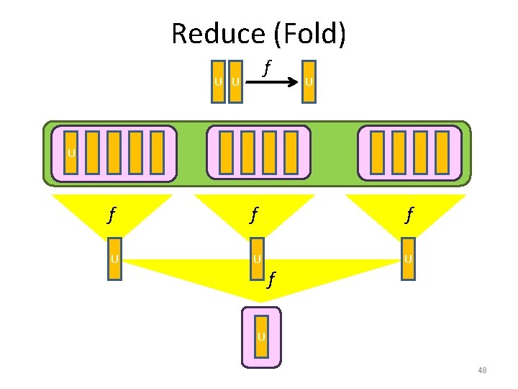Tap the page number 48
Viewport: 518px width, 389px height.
pos(482,370)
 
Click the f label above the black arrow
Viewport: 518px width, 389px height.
pos(267,68)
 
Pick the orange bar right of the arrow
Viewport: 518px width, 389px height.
pos(309,81)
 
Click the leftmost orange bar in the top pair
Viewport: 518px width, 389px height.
pos(218,81)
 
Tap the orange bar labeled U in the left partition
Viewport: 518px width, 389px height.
pos(71,152)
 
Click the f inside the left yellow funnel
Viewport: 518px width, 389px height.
pos(111,214)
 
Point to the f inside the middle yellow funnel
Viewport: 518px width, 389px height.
pos(253,214)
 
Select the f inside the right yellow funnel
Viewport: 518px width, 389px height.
pos(409,214)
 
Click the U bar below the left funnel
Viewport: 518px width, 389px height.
pos(114,258)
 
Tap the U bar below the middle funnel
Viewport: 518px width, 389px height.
pos(258,258)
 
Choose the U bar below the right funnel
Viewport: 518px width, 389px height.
pos(408,258)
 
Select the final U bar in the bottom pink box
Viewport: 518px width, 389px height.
pos(262,336)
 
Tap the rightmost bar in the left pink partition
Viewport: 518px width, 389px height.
pos(158,152)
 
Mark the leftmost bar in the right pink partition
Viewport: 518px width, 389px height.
pos(378,152)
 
